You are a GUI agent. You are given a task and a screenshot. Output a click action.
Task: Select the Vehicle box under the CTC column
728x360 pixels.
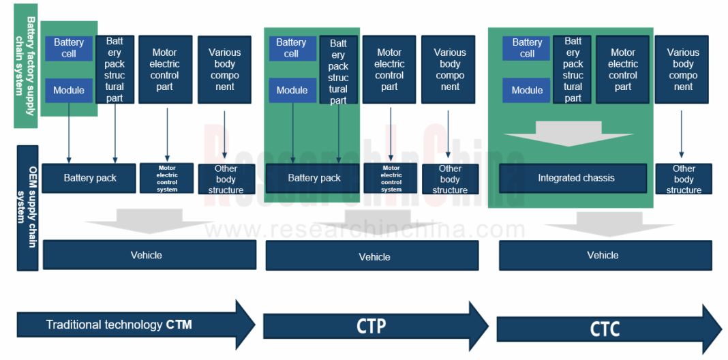[x=605, y=255]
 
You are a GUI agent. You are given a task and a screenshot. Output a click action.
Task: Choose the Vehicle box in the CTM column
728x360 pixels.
[x=149, y=254]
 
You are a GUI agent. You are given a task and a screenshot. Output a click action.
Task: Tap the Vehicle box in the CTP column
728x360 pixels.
[x=371, y=256]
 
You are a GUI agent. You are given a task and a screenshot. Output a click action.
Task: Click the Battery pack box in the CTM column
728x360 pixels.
[x=89, y=178]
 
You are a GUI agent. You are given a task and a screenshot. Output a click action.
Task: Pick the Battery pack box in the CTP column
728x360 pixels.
[x=314, y=178]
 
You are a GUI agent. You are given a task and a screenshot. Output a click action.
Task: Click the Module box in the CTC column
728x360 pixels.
[x=527, y=90]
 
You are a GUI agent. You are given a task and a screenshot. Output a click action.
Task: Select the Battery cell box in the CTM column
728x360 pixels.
[x=69, y=48]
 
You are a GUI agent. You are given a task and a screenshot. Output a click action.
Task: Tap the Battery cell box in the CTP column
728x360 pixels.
[x=292, y=48]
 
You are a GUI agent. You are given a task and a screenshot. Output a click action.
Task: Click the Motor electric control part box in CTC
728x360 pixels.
[x=622, y=70]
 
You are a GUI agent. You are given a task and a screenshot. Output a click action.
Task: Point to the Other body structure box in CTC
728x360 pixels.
[x=683, y=179]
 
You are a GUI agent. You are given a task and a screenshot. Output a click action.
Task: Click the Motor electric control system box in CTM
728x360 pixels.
[x=166, y=178]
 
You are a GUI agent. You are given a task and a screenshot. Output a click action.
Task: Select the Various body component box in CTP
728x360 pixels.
[x=449, y=70]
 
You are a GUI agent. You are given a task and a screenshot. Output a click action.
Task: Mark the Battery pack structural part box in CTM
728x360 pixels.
[x=115, y=70]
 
